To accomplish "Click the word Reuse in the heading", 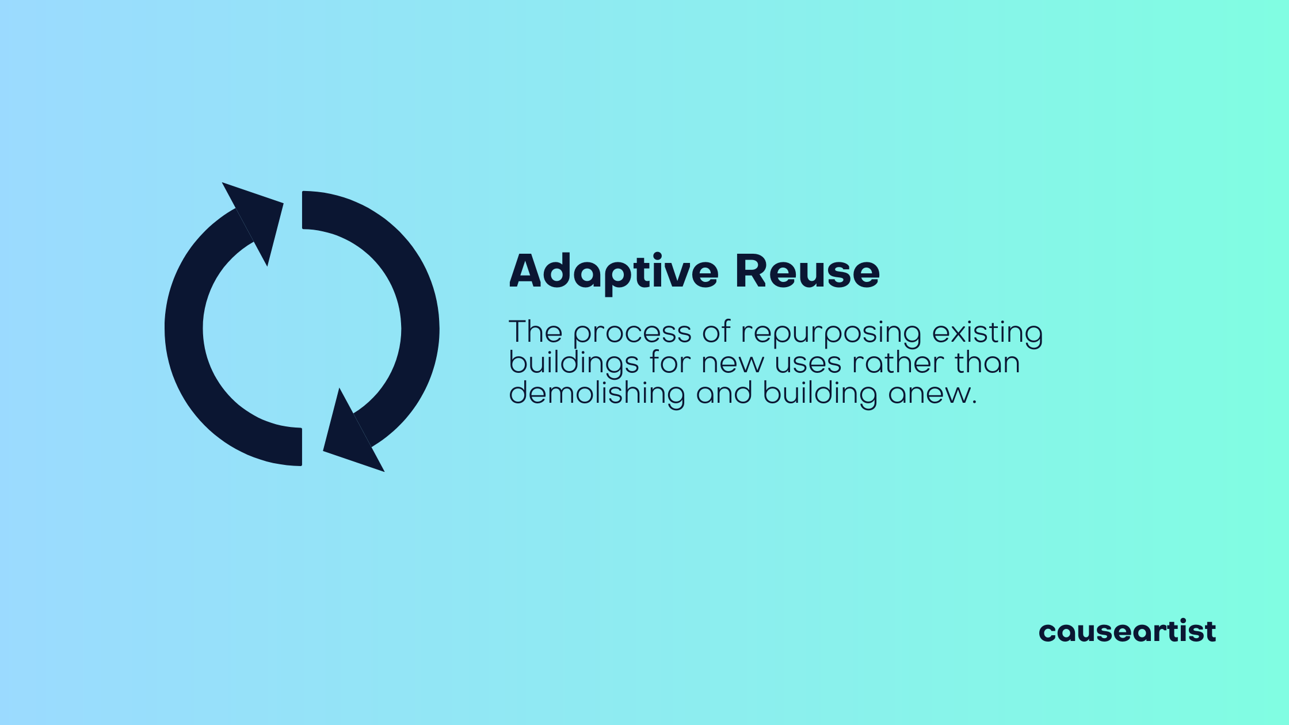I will coord(807,272).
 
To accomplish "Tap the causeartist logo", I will coord(1127,631).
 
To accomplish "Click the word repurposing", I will coord(831,334).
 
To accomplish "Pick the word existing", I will coord(987,334).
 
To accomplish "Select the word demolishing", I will coord(597,394).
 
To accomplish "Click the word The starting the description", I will coord(536,333).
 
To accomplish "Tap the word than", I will coord(987,364).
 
